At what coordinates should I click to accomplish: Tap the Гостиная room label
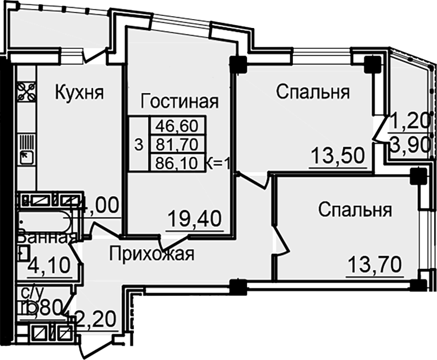179,101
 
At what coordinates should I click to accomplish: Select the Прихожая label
152,255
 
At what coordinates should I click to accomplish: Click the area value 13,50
337,157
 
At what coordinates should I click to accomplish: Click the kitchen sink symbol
26,156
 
